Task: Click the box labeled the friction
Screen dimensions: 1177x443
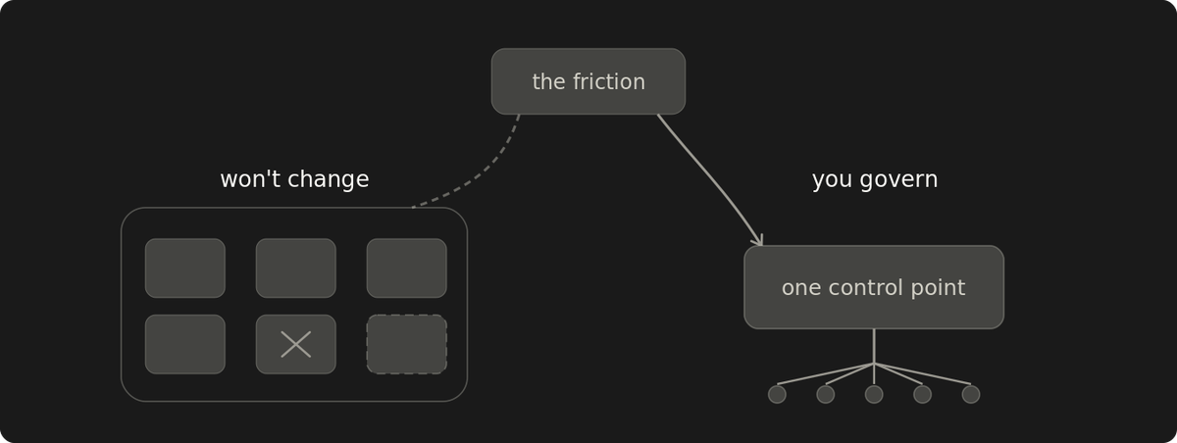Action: tap(588, 81)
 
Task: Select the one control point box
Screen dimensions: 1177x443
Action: tap(874, 287)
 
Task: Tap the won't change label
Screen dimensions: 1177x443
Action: tap(295, 179)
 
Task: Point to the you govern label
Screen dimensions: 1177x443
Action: tap(875, 179)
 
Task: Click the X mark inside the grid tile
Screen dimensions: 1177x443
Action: tap(296, 344)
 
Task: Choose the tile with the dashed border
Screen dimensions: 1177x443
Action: tap(407, 344)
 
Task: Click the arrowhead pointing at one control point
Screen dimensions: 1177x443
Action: tap(758, 241)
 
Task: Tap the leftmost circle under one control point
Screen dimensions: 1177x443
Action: tap(777, 394)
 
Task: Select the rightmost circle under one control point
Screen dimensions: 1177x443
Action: tap(971, 394)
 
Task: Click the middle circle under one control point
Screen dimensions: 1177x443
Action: tap(874, 394)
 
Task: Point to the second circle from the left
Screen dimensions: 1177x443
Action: tap(826, 394)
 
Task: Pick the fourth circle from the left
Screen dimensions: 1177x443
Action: tap(923, 394)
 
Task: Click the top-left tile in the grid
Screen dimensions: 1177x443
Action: tap(185, 269)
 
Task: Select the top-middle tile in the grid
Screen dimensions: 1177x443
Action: tap(296, 269)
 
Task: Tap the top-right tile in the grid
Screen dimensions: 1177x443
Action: tap(407, 269)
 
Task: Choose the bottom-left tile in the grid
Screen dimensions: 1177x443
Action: tap(185, 344)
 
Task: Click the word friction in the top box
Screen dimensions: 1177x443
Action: tap(608, 81)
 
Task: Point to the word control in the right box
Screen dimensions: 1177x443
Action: tap(866, 287)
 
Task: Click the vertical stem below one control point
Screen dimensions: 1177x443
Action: tap(874, 346)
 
